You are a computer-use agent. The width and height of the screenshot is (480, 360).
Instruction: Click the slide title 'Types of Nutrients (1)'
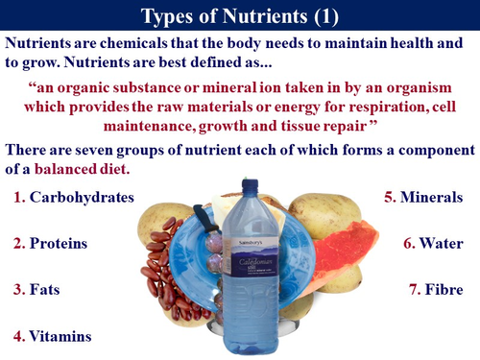click(x=239, y=16)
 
